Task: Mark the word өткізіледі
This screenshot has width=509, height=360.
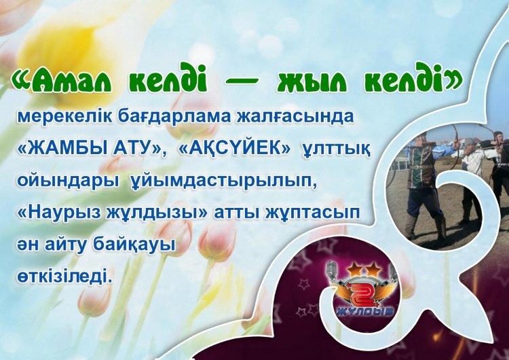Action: click(62, 277)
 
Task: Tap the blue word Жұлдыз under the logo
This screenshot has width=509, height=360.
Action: click(365, 311)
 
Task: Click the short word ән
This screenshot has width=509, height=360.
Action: click(26, 246)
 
